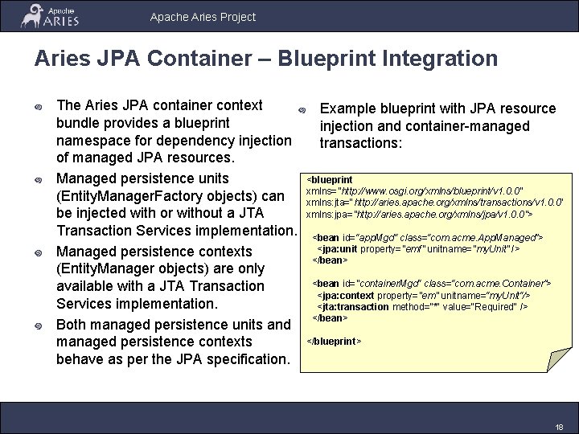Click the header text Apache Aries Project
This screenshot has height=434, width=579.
click(x=203, y=16)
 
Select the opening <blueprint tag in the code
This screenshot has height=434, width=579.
click(x=331, y=179)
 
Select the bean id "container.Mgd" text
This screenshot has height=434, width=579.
click(x=368, y=284)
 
